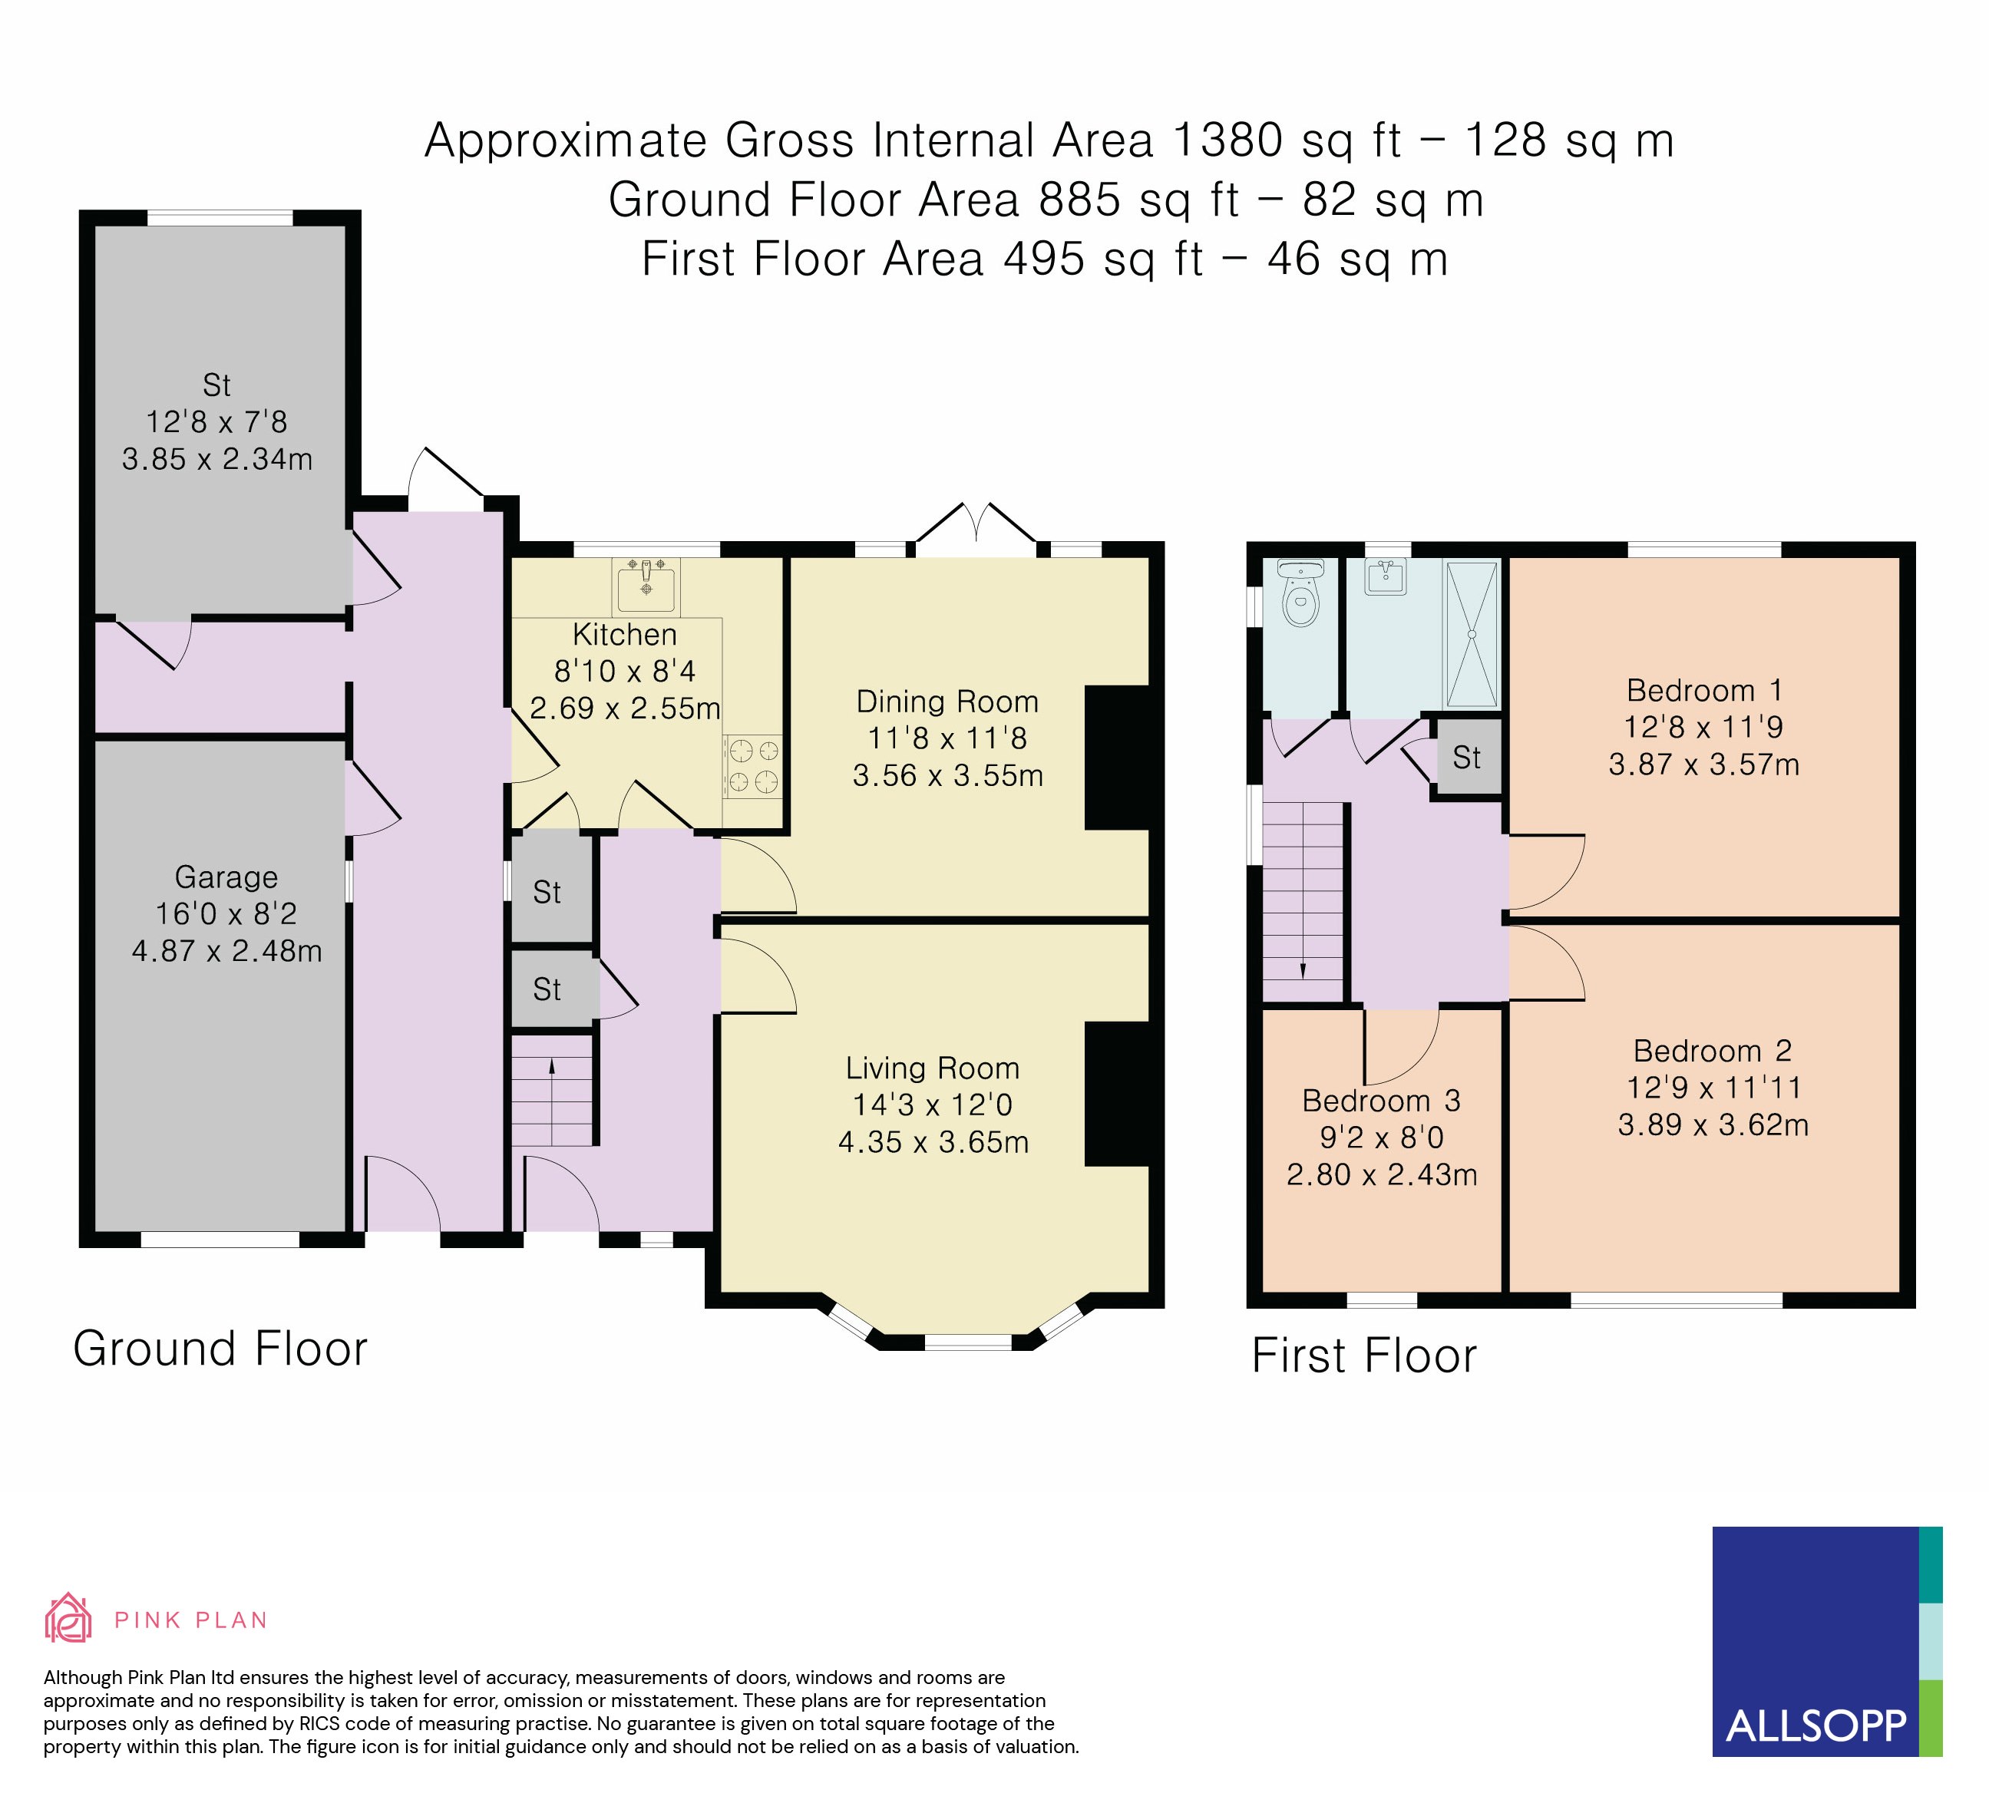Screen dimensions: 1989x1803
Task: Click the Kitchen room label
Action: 625,634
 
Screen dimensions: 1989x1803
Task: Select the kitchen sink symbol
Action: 646,585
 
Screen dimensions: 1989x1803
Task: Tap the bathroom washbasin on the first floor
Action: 1386,577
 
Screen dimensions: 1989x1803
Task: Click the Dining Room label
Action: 947,702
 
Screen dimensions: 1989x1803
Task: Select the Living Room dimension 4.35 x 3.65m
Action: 933,1142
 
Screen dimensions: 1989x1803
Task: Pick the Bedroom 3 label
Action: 1381,1100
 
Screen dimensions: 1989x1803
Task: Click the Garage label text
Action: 226,877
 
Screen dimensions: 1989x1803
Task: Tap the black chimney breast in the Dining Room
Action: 1117,758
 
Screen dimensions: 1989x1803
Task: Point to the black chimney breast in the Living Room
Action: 1117,1095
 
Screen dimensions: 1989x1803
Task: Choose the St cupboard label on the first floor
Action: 1466,758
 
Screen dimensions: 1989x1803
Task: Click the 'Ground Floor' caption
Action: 220,1349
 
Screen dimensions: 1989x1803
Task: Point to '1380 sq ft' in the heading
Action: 1287,140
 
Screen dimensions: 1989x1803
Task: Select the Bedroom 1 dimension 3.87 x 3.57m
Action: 1704,764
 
